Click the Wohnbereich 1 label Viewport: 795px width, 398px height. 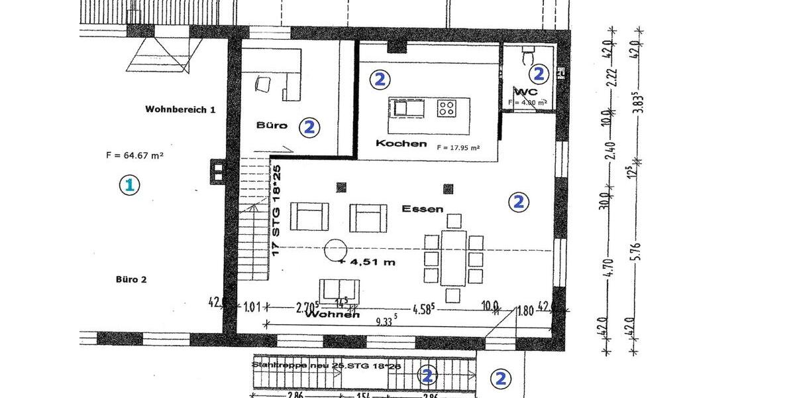[x=180, y=109]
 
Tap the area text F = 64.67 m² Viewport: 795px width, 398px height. [x=134, y=156]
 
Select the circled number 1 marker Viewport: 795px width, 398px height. [x=129, y=185]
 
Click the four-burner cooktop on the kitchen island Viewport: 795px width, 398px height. [x=445, y=107]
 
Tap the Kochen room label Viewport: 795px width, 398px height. [x=401, y=143]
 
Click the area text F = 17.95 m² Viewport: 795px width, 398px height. [x=458, y=148]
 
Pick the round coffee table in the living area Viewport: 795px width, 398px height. [x=335, y=250]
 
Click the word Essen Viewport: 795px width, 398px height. [x=422, y=208]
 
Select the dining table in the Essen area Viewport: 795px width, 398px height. [x=453, y=258]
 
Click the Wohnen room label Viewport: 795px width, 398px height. [x=332, y=315]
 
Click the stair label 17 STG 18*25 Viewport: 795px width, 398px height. [x=278, y=210]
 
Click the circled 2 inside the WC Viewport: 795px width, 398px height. [x=539, y=74]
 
